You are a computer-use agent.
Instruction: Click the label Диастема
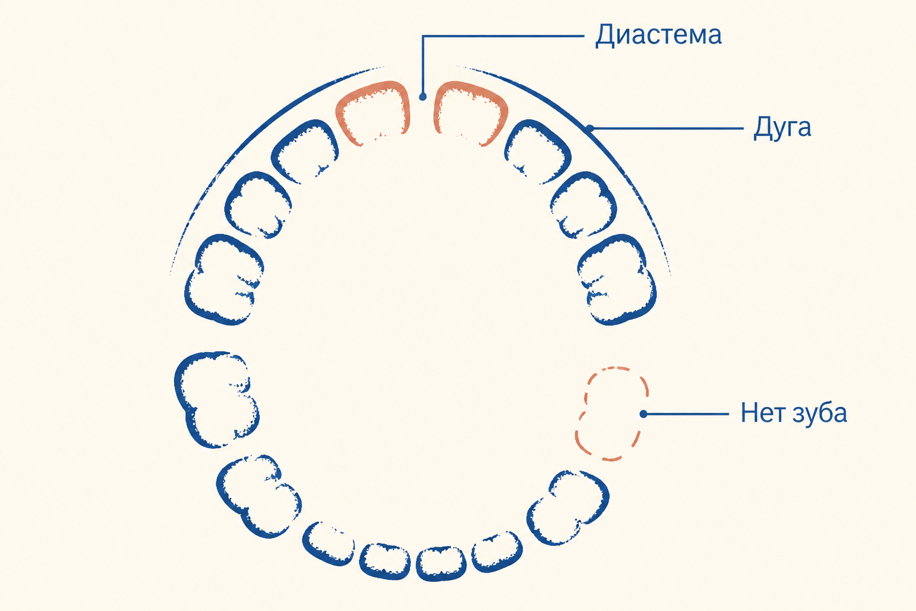coord(658,35)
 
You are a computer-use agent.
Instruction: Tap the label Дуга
coord(782,128)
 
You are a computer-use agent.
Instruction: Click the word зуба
coord(819,413)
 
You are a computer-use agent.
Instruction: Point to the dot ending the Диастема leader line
coord(423,97)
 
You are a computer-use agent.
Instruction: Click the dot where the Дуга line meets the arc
coord(590,128)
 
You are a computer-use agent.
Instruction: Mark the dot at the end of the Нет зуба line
coord(643,414)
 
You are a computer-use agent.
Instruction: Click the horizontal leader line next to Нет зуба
coord(686,414)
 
